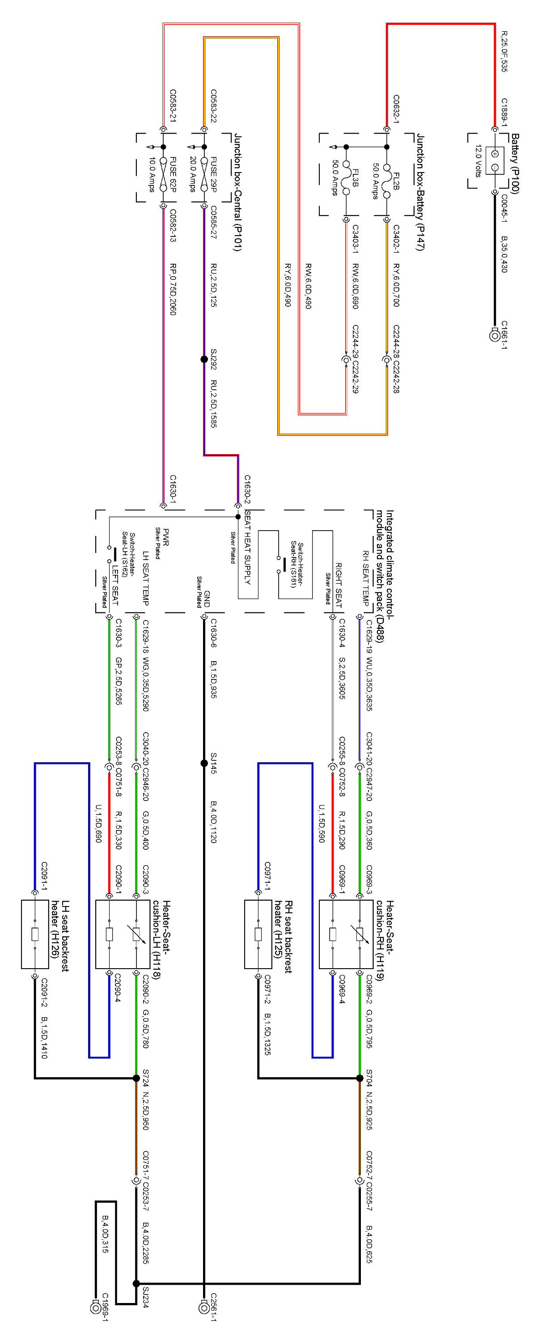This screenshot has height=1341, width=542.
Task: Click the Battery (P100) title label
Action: pos(514,164)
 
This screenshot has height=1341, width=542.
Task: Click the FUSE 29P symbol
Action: pos(204,174)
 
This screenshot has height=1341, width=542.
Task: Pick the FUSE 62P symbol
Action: pos(163,174)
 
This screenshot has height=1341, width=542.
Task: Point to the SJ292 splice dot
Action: pos(204,359)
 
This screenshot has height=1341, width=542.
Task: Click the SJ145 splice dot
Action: pos(204,763)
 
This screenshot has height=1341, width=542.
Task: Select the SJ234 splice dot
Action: pos(136,1284)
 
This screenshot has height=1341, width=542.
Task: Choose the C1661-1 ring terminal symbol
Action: pos(495,335)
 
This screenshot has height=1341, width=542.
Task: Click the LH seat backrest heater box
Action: pos(35,934)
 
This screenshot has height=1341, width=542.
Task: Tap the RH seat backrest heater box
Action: pos(258,934)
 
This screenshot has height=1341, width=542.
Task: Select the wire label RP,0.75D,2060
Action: pos(173,289)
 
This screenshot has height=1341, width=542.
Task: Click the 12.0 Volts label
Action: pos(478,160)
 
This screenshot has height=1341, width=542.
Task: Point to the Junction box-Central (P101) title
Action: pos(237,193)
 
